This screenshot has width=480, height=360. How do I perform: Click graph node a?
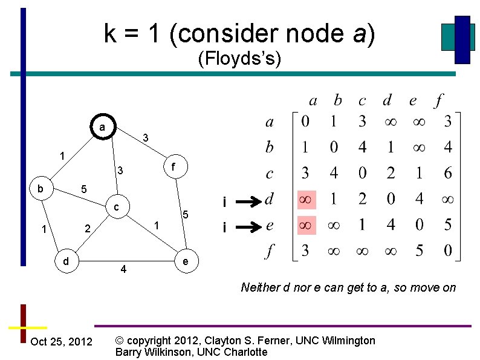pos(103,127)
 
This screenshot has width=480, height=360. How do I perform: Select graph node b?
pos(41,189)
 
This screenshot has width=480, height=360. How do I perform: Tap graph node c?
pos(117,208)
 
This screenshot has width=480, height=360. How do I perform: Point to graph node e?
pos(186,261)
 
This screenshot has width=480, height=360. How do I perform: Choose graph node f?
pos(174,165)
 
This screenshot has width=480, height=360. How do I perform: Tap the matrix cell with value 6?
pos(447,174)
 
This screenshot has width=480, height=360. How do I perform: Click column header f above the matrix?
pos(438,99)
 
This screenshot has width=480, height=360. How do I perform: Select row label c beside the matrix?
pos(270,174)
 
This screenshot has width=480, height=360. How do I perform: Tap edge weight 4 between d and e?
pos(123,269)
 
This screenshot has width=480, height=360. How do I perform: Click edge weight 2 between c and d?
pos(87,229)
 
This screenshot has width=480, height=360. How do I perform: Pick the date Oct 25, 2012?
pos(61,342)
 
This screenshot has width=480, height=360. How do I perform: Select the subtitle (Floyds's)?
pos(239,59)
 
